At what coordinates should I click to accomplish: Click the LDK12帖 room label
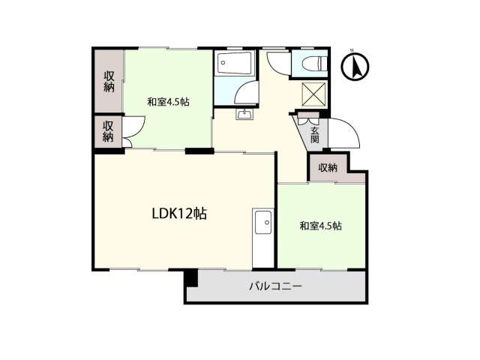point(179,214)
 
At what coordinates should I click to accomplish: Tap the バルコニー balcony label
point(275,286)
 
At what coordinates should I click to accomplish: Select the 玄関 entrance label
point(315,135)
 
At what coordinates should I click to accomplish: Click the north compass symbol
point(355,67)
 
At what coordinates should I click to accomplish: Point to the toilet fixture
point(314,64)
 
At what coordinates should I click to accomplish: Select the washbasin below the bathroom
point(244,114)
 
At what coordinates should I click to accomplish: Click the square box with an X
point(313,94)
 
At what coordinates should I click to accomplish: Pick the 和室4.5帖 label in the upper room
point(168,102)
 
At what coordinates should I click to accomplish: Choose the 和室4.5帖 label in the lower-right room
point(320,226)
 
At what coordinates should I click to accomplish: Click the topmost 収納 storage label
point(109,82)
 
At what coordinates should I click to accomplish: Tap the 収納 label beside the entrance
point(328,168)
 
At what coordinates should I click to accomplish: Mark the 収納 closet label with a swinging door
point(108,132)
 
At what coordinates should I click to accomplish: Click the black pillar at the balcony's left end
point(191,278)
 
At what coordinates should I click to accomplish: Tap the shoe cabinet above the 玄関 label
point(308,118)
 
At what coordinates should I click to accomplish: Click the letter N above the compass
point(352,50)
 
